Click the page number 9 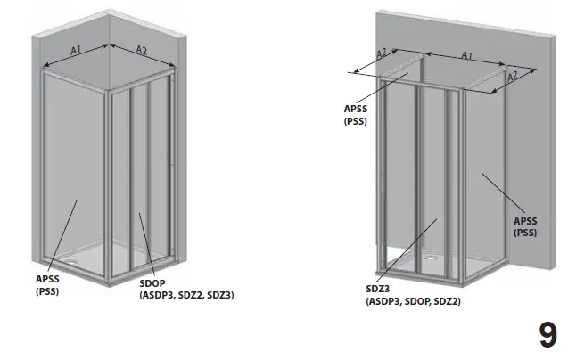[547, 335]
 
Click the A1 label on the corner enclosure [76, 51]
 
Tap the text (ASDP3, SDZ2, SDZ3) [185, 295]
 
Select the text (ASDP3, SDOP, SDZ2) [412, 302]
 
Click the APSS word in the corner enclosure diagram [46, 280]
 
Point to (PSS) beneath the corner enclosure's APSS [46, 291]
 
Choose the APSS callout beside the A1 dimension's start [355, 110]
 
